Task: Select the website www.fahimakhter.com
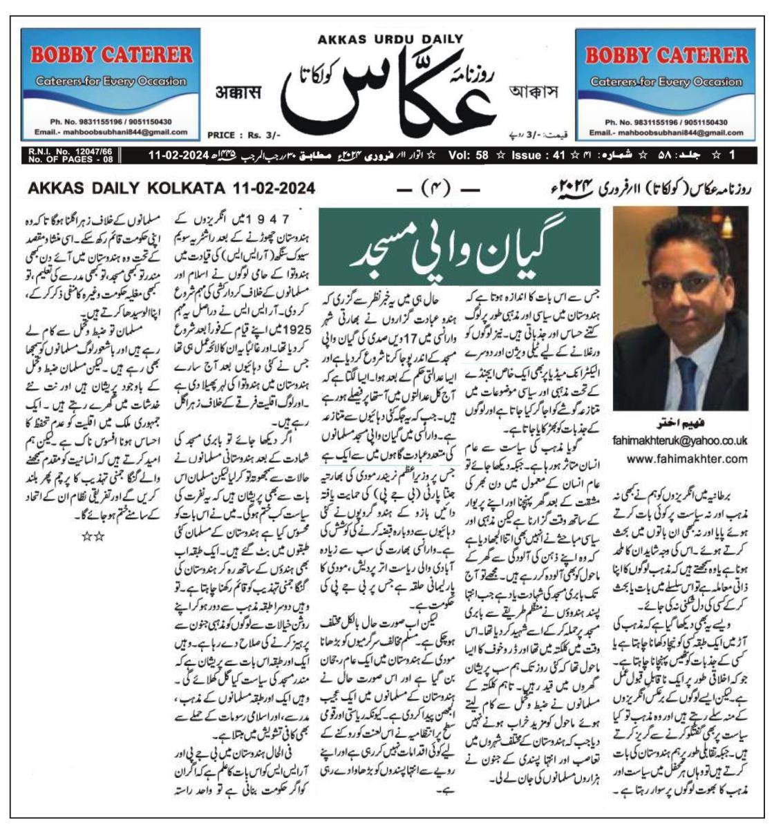[679, 458]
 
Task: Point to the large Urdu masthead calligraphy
[390, 90]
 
